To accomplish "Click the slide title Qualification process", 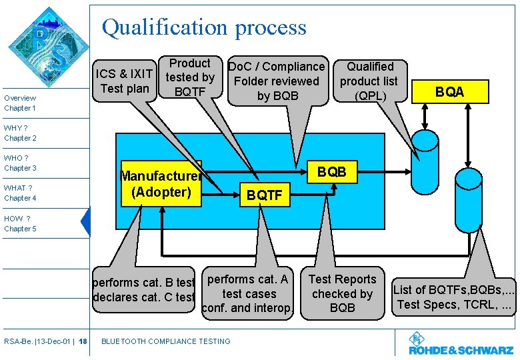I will click(x=204, y=27).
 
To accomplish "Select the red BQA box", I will click(x=449, y=92).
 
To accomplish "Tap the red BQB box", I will click(x=331, y=171).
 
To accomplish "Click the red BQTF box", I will click(x=265, y=195).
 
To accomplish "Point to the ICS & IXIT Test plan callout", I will click(x=125, y=81).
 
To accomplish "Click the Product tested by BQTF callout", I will click(x=190, y=77).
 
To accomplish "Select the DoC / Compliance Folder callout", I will click(x=277, y=81).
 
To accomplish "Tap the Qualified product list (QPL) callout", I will click(x=369, y=81).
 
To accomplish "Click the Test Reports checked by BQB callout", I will click(x=342, y=293).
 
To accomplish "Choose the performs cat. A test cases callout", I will click(x=247, y=293).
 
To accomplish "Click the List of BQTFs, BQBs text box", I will click(x=453, y=297).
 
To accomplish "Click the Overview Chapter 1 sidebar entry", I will click(x=20, y=103).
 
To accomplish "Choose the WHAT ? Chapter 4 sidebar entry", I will click(x=20, y=193).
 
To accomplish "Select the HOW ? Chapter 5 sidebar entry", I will click(x=20, y=223).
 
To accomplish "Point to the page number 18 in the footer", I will click(x=83, y=341).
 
